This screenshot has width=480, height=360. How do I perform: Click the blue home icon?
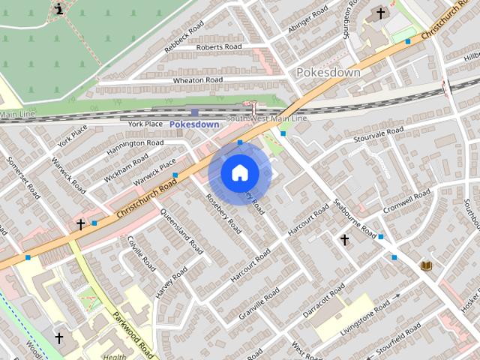coord(239,173)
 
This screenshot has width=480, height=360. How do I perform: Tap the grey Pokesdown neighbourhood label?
coord(328,73)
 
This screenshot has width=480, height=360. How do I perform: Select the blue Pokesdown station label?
coord(194,124)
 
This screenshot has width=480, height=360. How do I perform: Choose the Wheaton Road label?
coord(198,80)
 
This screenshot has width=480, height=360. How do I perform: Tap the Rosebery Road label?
coord(223,213)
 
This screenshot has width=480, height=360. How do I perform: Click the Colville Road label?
coord(141,253)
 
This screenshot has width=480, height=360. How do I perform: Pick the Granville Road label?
coord(259,306)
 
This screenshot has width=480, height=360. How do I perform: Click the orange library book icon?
coord(427,266)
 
